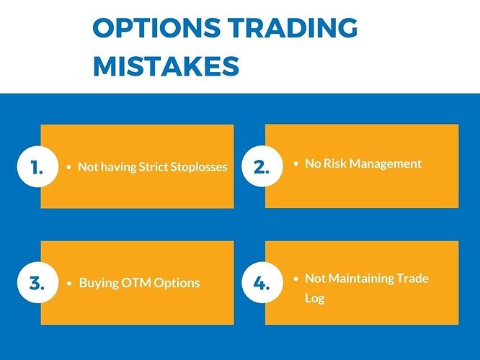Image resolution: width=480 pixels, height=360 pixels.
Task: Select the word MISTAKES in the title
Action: pos(166,66)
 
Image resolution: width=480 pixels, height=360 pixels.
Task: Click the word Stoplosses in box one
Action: pos(194,167)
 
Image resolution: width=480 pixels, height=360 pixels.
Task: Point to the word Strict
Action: pos(143,167)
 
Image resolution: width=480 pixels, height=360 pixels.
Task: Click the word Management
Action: pos(386,163)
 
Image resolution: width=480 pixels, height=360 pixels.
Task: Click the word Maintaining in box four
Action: pos(363,278)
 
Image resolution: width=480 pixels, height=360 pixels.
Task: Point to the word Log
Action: pos(314,297)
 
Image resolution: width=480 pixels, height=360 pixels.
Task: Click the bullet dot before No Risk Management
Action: pos(295,164)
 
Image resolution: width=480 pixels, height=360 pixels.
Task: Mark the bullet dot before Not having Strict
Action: pos(69,168)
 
